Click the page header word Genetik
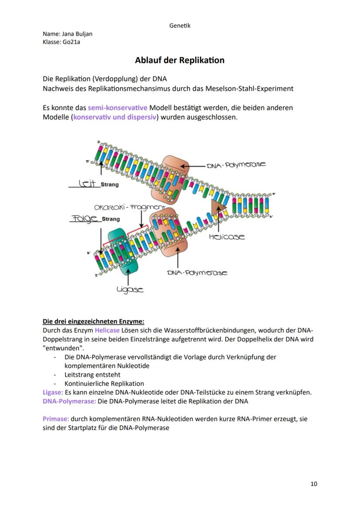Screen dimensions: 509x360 point(180,26)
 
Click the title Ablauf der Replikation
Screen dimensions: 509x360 point(180,60)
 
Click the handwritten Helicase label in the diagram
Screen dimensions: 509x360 point(227,237)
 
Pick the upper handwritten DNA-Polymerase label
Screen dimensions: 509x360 point(236,165)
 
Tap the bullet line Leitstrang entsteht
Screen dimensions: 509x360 point(93,375)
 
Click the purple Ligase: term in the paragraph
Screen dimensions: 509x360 point(53,393)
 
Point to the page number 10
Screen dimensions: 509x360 point(314,484)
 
